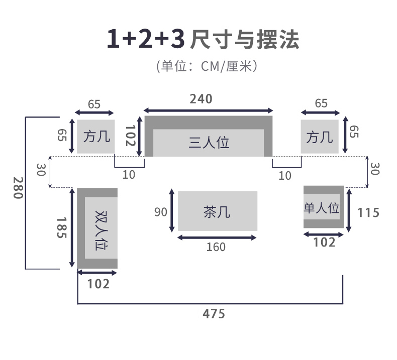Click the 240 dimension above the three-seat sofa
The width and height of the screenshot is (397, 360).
coord(201,99)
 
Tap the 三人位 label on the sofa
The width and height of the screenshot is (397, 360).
coord(209,143)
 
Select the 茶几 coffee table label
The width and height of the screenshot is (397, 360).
coord(217,212)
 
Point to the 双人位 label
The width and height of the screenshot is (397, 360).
coord(102,230)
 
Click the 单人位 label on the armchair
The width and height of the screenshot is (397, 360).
coord(322,208)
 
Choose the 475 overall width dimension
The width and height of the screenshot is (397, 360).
coord(214,314)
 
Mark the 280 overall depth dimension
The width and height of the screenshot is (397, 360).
coord(18,188)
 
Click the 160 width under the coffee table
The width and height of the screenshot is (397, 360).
coord(216,247)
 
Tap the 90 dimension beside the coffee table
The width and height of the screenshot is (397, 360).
coord(161,212)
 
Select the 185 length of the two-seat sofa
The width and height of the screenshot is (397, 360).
coord(61,227)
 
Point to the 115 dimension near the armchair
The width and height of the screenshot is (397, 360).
coord(368,213)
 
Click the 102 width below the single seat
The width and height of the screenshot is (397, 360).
coord(324,243)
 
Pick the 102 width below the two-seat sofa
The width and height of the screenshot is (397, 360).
coord(98,284)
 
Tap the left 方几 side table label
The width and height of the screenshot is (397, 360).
coord(96,137)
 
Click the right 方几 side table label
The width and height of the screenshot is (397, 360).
coord(320,138)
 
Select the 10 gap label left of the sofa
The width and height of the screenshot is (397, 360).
coord(129,175)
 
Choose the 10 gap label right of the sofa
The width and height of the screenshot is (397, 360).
coord(285,176)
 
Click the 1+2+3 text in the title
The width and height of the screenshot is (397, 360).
coord(146,39)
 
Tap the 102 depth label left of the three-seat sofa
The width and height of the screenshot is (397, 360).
coord(131,136)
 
